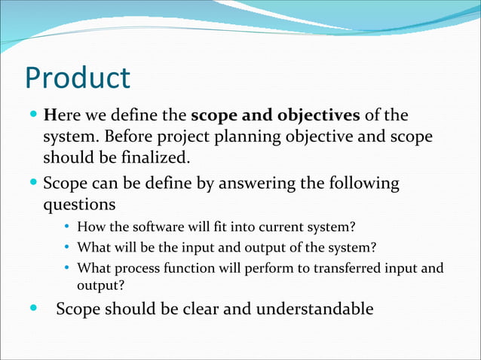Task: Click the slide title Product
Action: (x=78, y=78)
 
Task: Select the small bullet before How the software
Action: (x=67, y=226)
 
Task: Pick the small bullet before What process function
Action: (x=67, y=268)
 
